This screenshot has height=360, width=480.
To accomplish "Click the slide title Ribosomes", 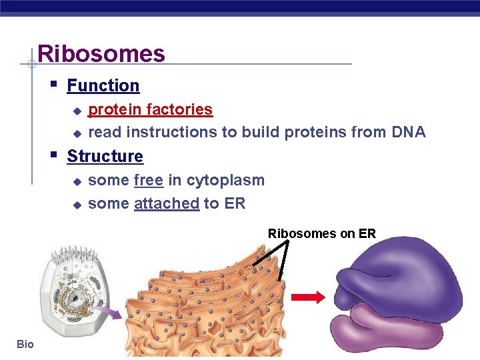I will click(101, 53).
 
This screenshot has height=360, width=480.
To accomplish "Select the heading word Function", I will click(103, 86).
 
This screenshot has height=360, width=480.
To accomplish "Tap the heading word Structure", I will click(105, 157).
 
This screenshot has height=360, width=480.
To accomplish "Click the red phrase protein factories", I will click(150, 109).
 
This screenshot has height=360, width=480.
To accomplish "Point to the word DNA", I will click(409, 132).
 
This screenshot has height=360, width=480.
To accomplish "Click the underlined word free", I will click(148, 181).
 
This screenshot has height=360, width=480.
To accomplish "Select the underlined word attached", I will click(167, 204).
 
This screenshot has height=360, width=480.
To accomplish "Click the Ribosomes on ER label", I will click(322, 233).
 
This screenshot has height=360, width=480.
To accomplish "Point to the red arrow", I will click(309, 297).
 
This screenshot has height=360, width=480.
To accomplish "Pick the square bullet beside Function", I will click(53, 85).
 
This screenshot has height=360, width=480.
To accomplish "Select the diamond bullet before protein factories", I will click(77, 110).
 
